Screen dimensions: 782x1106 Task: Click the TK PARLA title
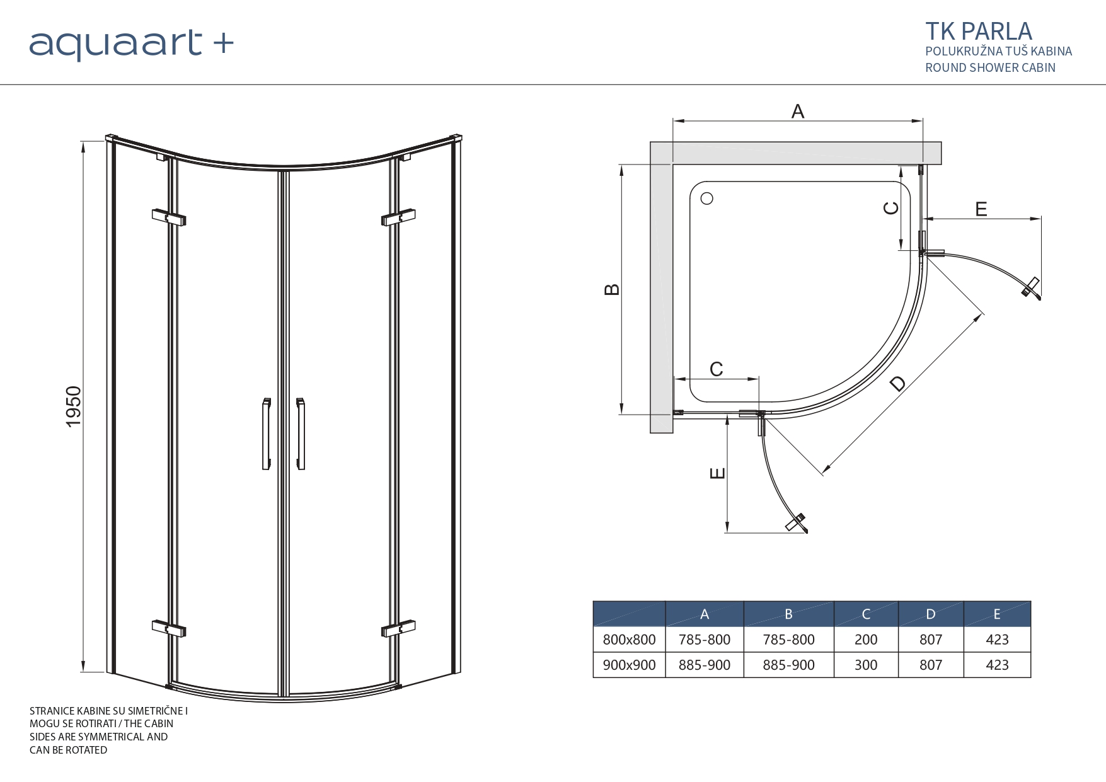[x=978, y=32]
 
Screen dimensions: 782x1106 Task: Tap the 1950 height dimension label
[x=74, y=406]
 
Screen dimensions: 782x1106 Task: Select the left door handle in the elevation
[x=267, y=434]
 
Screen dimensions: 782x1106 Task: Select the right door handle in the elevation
[x=301, y=434]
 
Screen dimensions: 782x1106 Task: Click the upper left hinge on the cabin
[x=168, y=217]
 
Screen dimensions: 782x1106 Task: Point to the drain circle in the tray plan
[x=707, y=198]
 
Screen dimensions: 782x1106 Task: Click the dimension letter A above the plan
[x=797, y=112]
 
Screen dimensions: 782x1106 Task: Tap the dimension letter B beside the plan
[x=612, y=290]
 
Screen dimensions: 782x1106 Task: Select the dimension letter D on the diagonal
[x=898, y=383]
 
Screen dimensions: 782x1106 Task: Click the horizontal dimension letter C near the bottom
[x=717, y=369]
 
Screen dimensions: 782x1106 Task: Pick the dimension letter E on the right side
[x=981, y=209]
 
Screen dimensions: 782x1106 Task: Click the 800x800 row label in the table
[x=629, y=640]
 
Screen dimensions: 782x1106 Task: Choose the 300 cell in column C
[x=865, y=665]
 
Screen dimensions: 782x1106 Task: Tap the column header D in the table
[x=930, y=614]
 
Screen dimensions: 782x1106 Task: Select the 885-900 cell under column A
[x=704, y=665]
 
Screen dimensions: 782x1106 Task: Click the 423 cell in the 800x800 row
[x=997, y=640]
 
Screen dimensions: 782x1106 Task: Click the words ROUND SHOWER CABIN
[x=990, y=67]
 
